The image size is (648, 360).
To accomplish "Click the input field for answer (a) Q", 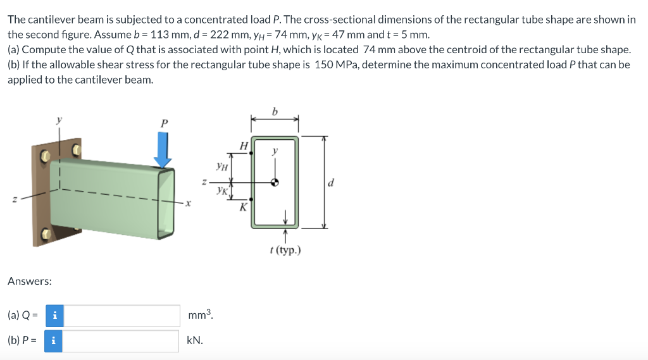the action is click(x=122, y=316).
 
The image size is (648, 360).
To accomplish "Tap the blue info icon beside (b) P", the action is click(x=54, y=341).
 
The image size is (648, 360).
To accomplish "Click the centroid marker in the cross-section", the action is click(x=275, y=182).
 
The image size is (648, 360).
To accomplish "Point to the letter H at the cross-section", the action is click(x=244, y=146).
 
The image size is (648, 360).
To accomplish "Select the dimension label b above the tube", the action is click(x=274, y=112).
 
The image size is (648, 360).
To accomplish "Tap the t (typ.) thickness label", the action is click(x=285, y=250).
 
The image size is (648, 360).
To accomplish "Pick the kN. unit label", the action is click(x=195, y=341).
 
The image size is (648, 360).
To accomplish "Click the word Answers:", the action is click(x=30, y=281).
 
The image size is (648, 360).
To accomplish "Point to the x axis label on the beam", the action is click(x=187, y=204).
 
